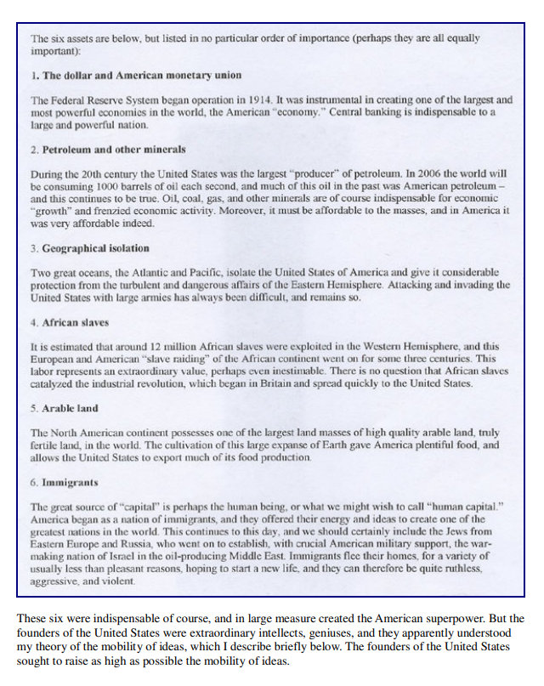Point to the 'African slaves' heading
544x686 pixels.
(x=76, y=322)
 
